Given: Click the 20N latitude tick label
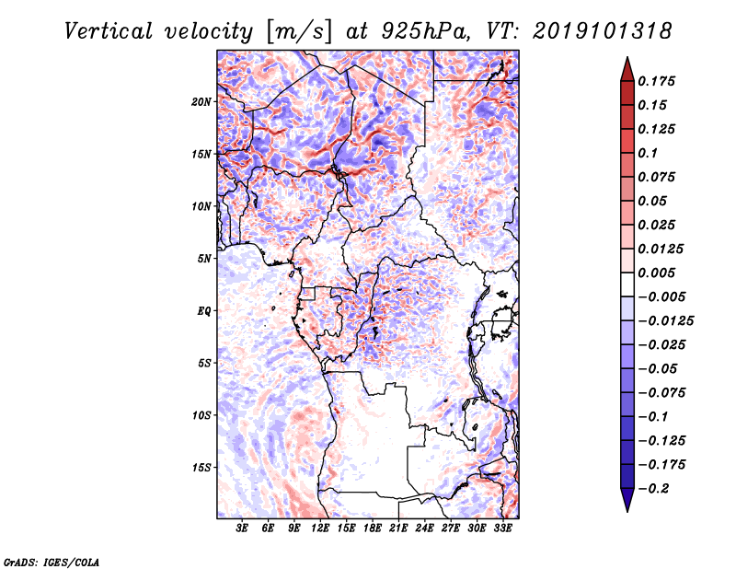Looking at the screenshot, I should point(201,101).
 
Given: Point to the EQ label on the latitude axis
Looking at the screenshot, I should point(204,311).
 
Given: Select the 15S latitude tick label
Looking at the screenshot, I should point(201,468).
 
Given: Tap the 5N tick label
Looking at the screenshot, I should point(204,259).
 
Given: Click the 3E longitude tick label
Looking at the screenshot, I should point(243,528).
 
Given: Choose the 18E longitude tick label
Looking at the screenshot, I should point(373,528).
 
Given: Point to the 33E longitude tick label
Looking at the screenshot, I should point(502,528).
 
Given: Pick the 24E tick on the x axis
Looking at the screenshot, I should point(424,528).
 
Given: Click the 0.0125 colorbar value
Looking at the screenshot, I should point(662,249).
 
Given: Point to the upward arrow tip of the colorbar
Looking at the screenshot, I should point(627,60).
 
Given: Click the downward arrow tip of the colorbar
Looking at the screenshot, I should point(627,509).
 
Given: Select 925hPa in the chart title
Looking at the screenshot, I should point(417,30).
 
